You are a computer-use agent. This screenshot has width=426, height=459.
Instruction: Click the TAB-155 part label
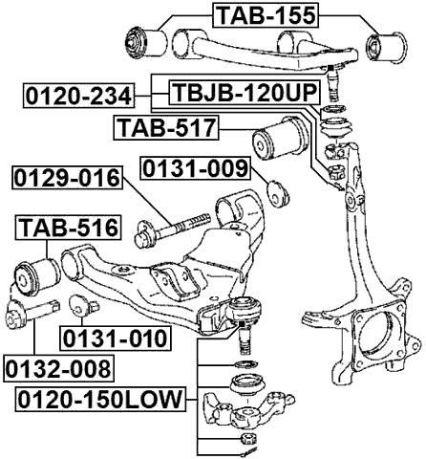[265, 14]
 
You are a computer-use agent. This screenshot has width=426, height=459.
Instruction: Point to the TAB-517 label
[165, 127]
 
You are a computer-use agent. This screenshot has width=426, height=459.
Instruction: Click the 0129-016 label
[67, 178]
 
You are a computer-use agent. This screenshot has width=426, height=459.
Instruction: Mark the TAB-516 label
[67, 228]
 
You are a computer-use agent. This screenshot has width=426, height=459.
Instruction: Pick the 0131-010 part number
[114, 339]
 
